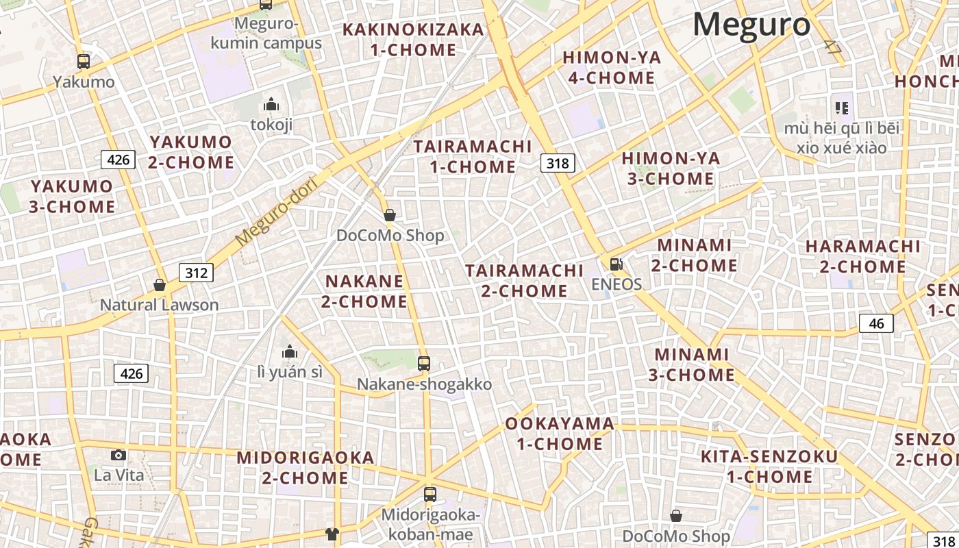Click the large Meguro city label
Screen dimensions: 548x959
(751, 25)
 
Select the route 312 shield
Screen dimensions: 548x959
(196, 273)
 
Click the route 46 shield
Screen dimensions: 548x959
(876, 323)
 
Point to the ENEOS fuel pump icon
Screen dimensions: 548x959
(616, 264)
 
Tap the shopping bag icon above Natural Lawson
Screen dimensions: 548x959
(160, 284)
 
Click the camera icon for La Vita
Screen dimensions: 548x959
(119, 455)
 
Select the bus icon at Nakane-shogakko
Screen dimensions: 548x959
(424, 363)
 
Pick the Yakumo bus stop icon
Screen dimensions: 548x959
(84, 62)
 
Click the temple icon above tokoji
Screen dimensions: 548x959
(271, 104)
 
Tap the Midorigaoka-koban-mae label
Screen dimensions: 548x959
(431, 524)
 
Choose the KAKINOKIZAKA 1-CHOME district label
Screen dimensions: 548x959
(413, 40)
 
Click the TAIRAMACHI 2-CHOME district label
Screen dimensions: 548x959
(524, 280)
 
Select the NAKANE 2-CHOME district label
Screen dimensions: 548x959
(366, 291)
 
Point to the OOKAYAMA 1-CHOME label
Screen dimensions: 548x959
(560, 434)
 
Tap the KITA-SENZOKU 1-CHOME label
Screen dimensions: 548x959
(769, 466)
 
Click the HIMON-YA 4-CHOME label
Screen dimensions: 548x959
(612, 67)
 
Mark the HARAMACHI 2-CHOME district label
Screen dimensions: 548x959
(863, 256)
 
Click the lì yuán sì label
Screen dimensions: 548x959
(290, 372)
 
